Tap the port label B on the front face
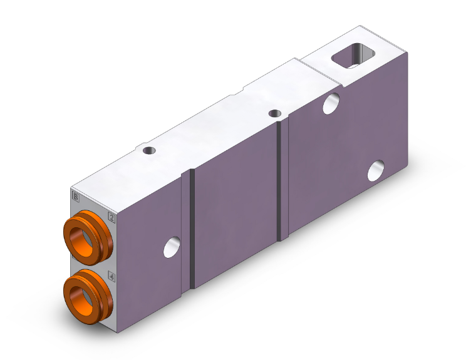click(76, 198)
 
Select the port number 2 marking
click(112, 218)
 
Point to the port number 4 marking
click(111, 275)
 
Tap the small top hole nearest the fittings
click(148, 150)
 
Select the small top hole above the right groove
click(274, 113)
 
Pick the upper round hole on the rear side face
click(331, 103)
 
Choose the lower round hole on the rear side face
click(376, 170)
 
